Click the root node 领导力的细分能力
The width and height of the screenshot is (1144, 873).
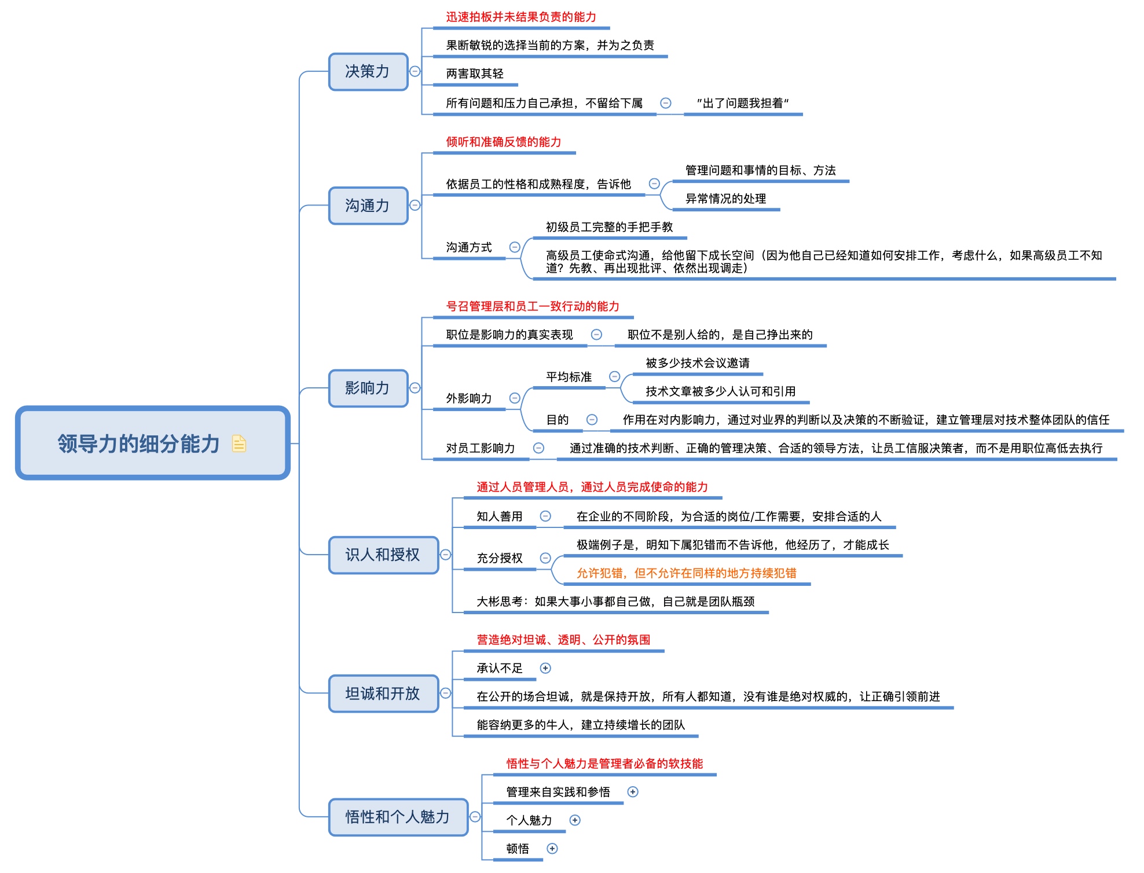[139, 443]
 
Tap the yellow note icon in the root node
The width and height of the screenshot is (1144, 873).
[239, 443]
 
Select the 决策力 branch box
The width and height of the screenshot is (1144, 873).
[368, 72]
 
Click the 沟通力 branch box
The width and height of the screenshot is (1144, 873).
[368, 206]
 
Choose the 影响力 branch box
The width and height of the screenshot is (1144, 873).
[368, 388]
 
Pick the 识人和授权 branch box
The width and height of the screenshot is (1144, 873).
[383, 555]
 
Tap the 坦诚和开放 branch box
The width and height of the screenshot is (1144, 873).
[383, 693]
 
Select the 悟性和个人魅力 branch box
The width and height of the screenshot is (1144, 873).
[398, 817]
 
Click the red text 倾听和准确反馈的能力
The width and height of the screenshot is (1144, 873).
[503, 142]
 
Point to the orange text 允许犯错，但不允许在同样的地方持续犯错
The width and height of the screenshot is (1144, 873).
[686, 573]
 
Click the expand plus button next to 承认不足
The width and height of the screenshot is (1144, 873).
[545, 668]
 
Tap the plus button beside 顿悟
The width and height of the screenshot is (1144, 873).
[552, 849]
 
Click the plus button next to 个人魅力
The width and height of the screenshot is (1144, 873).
[575, 820]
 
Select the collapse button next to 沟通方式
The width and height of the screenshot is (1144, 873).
[515, 247]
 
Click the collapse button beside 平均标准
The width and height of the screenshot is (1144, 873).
[615, 377]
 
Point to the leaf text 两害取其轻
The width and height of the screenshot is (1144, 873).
[475, 74]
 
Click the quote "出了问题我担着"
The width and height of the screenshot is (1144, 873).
[743, 103]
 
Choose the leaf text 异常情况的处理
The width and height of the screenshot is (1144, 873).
[725, 199]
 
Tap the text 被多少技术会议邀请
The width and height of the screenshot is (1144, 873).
[698, 363]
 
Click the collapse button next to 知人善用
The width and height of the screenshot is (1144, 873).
[545, 516]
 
